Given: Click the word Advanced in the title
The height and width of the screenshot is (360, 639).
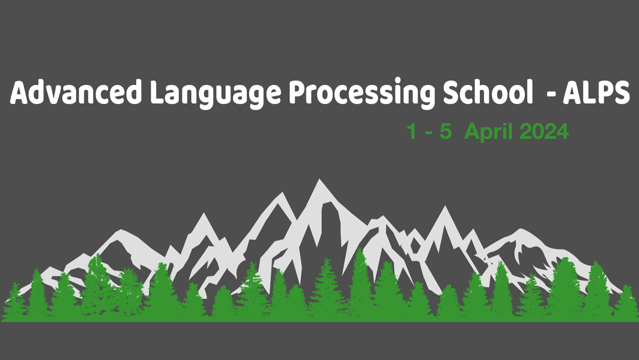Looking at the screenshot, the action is (76, 91).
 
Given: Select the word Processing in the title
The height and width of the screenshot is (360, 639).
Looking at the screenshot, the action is (362, 94).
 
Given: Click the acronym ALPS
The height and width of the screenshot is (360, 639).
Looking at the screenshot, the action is (596, 92).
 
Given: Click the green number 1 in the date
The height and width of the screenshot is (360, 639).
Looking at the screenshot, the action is (412, 131).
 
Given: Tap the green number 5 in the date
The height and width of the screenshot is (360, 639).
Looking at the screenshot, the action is (446, 131).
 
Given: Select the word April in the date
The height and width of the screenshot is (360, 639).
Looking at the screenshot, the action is (488, 133).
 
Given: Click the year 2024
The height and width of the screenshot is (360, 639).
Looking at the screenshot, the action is (544, 131).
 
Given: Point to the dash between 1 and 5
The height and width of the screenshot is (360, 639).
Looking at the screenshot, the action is (428, 133).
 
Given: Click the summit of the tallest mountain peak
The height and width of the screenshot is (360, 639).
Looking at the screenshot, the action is (319, 179).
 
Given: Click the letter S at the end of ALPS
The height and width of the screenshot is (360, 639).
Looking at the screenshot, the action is (620, 92).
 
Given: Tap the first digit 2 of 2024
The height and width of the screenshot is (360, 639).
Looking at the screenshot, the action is (526, 131).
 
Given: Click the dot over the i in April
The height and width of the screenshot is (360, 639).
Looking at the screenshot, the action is (505, 125).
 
